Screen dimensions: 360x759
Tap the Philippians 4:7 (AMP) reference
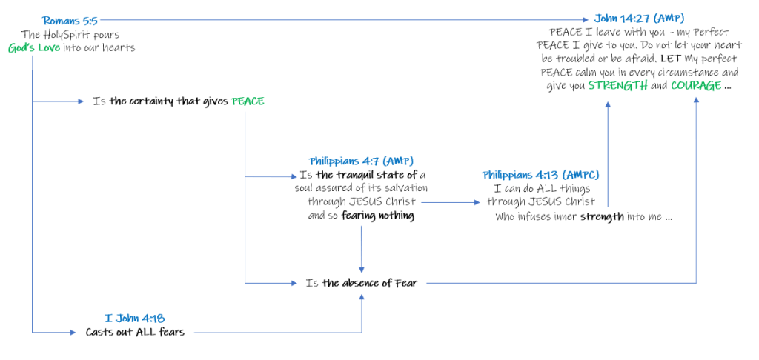click(361, 161)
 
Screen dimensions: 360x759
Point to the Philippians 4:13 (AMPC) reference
click(540, 175)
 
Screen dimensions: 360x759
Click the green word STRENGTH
click(617, 86)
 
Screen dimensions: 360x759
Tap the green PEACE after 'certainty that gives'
click(248, 101)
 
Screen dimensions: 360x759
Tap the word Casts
click(101, 332)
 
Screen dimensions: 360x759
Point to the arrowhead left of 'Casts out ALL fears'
click(77, 333)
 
